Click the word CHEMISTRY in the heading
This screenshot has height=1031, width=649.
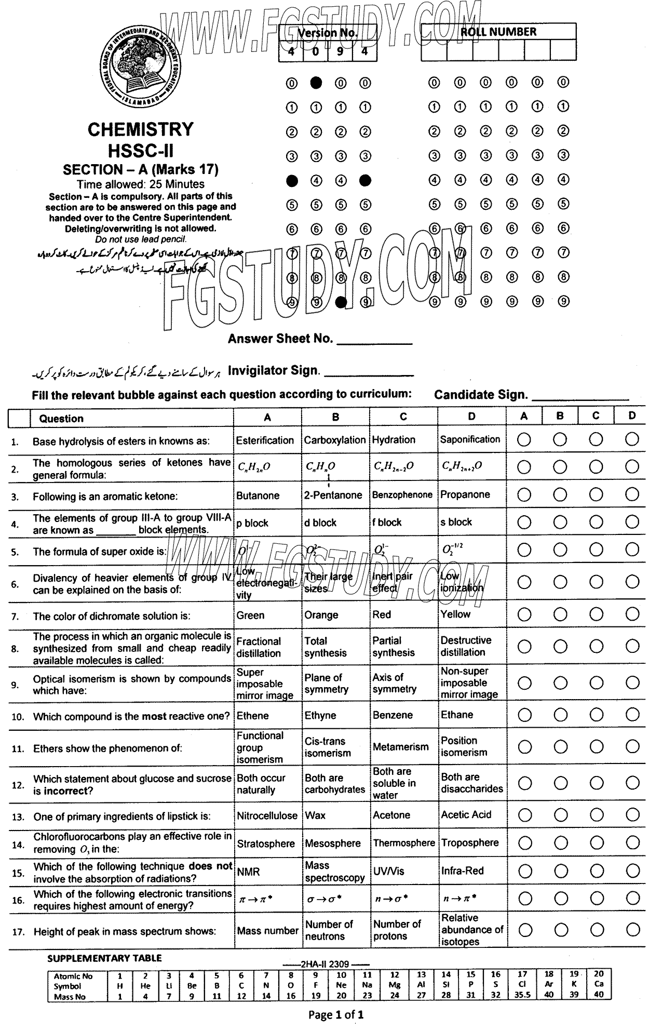coord(140,129)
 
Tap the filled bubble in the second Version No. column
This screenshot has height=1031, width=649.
coord(316,83)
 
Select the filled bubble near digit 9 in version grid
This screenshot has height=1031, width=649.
coord(341,302)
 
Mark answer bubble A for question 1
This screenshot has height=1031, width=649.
coord(524,439)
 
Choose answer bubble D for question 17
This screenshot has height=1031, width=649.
coord(632,930)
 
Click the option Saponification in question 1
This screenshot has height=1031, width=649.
coord(470,439)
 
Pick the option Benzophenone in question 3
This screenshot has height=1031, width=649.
coord(402,495)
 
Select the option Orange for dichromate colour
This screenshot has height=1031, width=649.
coord(321,615)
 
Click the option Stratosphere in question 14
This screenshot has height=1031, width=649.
coord(266,843)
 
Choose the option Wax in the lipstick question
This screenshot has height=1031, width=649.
coord(315,815)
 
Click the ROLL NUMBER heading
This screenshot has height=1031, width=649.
coord(498,32)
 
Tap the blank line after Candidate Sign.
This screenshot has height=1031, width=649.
coord(580,397)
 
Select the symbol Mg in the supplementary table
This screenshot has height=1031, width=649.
coord(395,985)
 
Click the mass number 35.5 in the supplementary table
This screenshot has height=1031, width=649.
coord(522,995)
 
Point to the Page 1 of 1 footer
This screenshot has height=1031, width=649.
coord(336,1014)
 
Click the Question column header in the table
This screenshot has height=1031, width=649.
coord(61,419)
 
